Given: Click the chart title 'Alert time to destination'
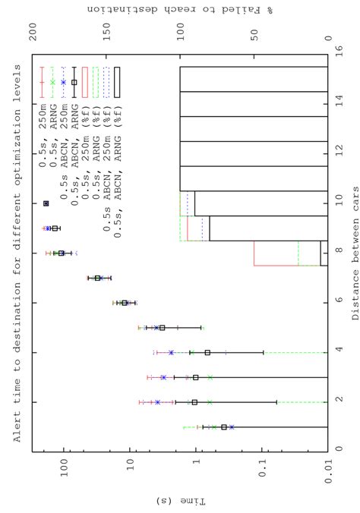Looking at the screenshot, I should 17,250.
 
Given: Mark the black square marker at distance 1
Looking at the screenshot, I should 223,427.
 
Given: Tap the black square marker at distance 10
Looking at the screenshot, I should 46,203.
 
